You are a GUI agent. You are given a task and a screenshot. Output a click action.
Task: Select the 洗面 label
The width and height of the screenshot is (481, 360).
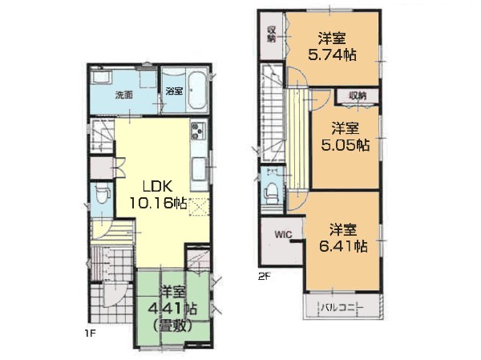point(124,95)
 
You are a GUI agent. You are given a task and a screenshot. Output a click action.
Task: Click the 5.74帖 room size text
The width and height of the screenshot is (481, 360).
point(332,55)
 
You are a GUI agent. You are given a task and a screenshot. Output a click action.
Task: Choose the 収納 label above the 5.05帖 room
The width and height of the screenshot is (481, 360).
point(358,95)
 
